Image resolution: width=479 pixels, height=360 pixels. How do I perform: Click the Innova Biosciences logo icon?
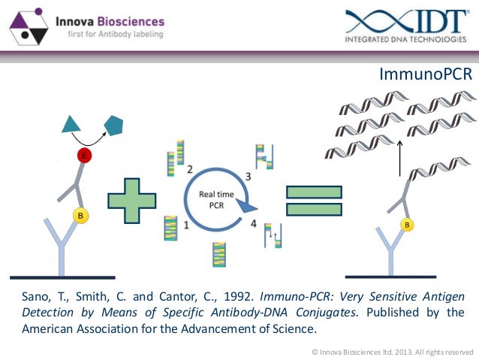29,26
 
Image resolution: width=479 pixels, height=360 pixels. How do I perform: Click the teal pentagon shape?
114,125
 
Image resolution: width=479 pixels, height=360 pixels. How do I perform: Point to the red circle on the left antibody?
84,156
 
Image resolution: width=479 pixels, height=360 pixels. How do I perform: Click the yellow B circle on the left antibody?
80,216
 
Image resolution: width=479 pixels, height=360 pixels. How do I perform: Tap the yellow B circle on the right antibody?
407,224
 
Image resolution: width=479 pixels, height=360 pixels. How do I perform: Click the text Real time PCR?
216,199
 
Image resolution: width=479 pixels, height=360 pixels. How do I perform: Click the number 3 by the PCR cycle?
249,176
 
